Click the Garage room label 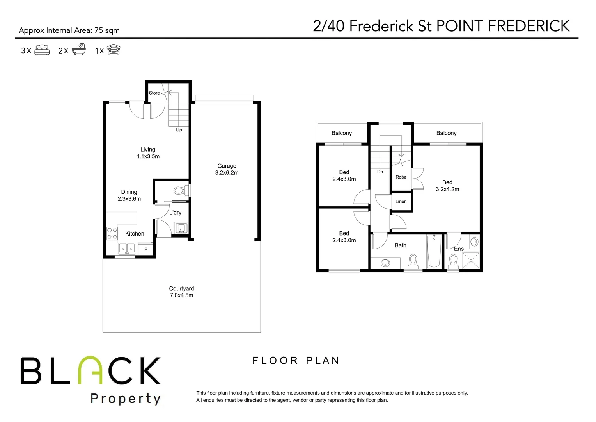coord(227,166)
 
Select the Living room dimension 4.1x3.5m coord(148,156)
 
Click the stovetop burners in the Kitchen coord(112,234)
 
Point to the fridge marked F coord(146,249)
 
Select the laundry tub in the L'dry coord(181,228)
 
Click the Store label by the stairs coord(154,93)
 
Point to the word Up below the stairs coord(179,130)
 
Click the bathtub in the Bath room coord(434,251)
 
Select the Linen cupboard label coord(401,202)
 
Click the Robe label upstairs coord(401,177)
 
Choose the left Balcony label coord(342,133)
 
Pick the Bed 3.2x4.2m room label coord(447,186)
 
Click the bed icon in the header coord(42,50)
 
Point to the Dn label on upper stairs coord(380,172)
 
